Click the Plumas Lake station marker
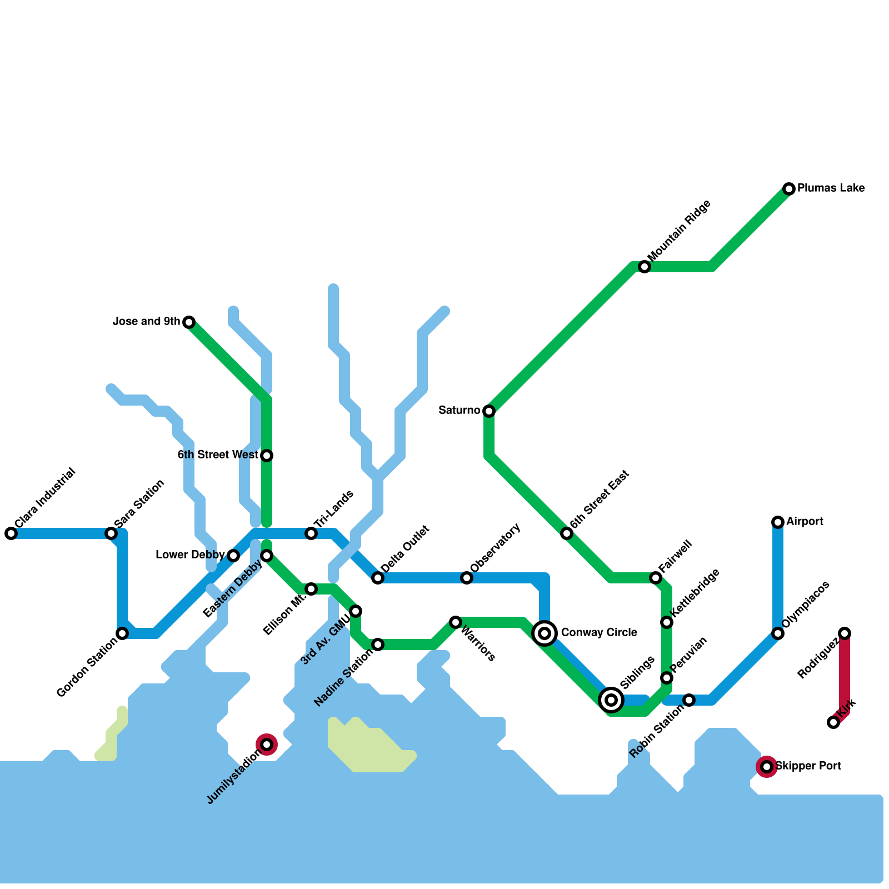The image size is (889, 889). coord(789,189)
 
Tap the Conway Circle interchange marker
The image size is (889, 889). coord(545,633)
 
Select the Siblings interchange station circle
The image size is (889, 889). coord(611,700)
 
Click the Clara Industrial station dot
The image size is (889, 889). coord(11,533)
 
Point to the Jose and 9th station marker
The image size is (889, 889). coord(189,322)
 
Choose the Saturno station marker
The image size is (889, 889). coord(489,411)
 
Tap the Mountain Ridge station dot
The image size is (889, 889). coord(645,267)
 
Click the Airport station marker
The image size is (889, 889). coord(778,522)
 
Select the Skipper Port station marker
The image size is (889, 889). coord(767,767)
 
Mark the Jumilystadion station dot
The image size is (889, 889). coord(267,745)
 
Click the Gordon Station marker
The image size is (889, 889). coord(122,633)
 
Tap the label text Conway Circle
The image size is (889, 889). coord(599,633)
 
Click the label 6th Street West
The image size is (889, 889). coord(218,455)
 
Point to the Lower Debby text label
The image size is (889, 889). coord(190,555)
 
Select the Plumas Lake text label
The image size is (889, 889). coord(831,188)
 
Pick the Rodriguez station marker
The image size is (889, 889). coord(845,633)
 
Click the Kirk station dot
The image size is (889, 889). coord(833,722)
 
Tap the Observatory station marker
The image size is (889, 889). coord(467,578)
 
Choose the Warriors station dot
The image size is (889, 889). coord(456,622)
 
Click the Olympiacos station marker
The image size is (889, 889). coord(778,633)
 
